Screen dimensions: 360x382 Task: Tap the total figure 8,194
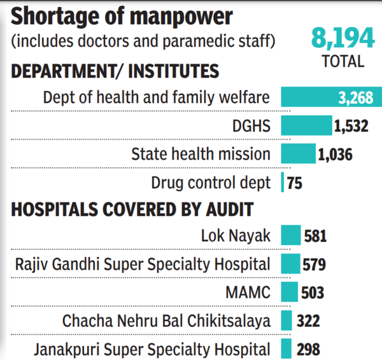[343, 39]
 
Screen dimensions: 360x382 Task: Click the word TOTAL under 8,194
[343, 62]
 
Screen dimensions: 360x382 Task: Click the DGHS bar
[306, 126]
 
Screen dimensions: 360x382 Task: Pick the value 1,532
[351, 127]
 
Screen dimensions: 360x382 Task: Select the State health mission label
[201, 154]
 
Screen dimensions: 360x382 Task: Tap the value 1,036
[335, 154]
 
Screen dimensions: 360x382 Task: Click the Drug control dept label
[211, 183]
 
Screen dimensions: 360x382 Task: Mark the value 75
[294, 183]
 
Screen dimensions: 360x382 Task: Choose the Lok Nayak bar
[290, 236]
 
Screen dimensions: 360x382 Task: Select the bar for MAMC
[289, 292]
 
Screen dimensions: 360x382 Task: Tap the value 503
[312, 293]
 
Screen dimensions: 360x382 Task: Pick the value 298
[308, 349]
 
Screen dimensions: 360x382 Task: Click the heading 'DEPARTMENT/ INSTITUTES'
[115, 71]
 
